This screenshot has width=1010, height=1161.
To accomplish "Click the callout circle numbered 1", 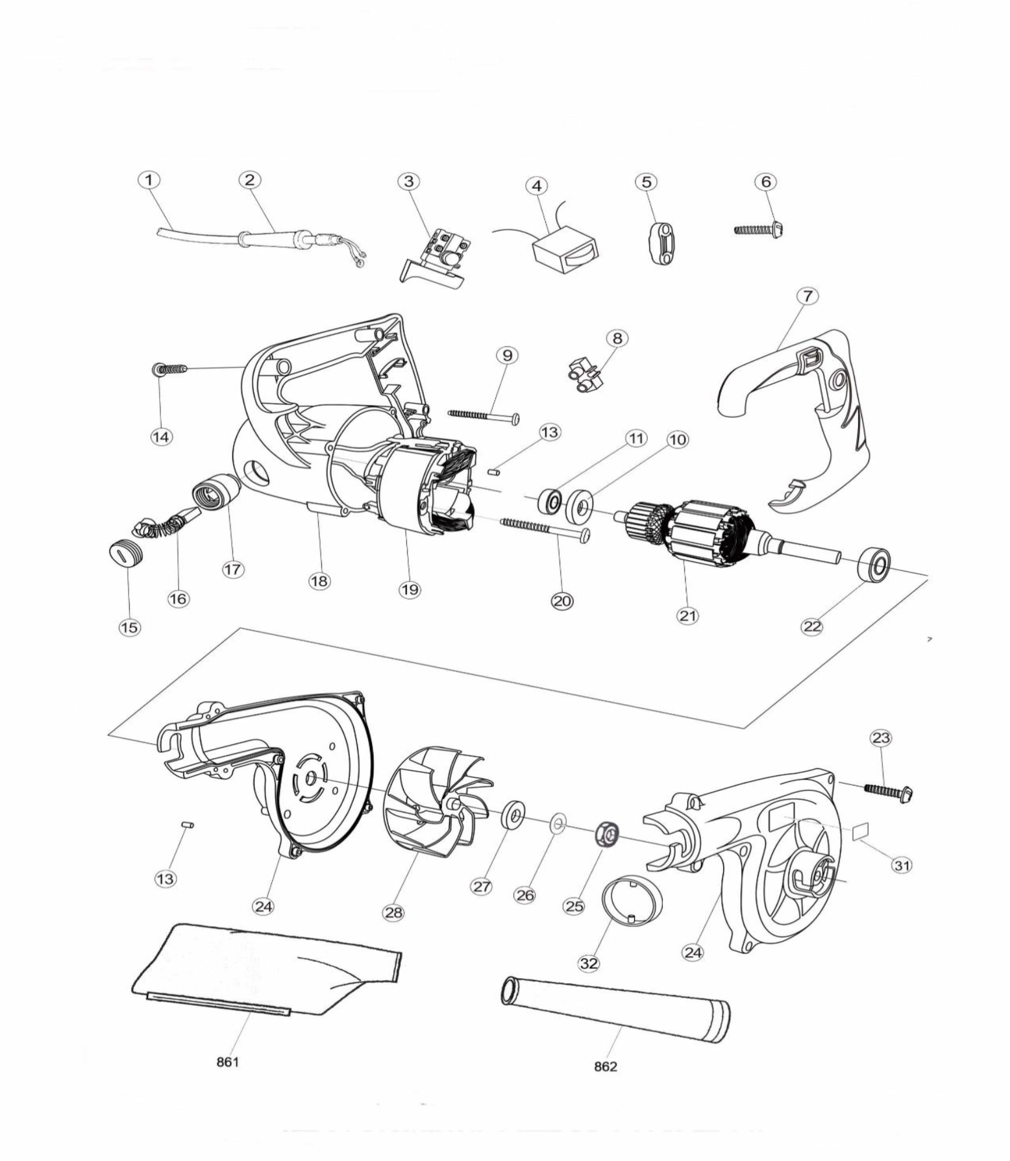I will point(149,180).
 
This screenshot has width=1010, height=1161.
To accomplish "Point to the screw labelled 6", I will point(758,230).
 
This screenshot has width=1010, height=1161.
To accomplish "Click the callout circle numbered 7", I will point(807,296).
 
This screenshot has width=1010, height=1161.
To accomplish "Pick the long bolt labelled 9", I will point(483,415).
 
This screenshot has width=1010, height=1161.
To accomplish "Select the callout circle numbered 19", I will point(410,589).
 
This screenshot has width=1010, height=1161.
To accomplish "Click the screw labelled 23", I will point(889,791).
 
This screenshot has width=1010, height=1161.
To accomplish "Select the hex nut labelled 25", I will point(608,834).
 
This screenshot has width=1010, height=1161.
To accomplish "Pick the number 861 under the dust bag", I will point(228,1062).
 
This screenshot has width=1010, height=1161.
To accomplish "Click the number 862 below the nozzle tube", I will point(606,1066).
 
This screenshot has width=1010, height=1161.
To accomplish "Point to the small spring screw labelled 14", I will point(170,369).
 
